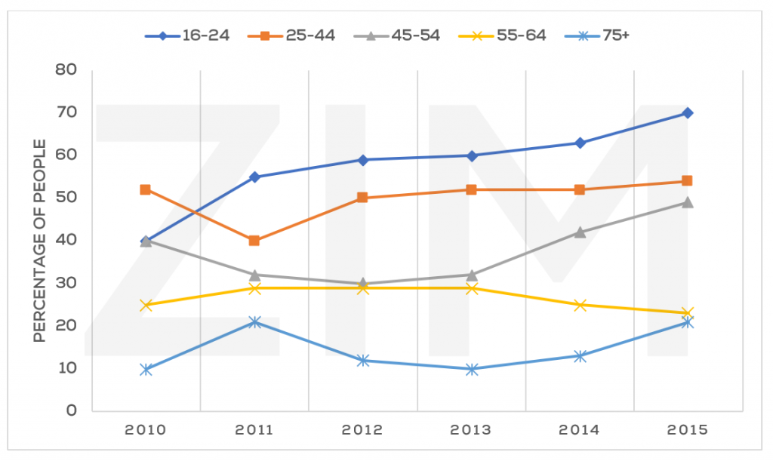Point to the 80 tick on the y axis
67,69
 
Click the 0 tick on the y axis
72,411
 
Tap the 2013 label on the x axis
472,431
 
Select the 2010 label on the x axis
146,431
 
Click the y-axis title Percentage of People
39,241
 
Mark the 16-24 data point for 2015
688,113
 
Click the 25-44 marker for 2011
254,241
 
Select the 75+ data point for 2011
254,322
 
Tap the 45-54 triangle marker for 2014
580,232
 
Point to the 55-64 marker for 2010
146,305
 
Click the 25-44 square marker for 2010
146,189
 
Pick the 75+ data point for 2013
472,369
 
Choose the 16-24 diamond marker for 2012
363,160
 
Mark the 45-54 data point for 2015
688,202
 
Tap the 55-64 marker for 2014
580,305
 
